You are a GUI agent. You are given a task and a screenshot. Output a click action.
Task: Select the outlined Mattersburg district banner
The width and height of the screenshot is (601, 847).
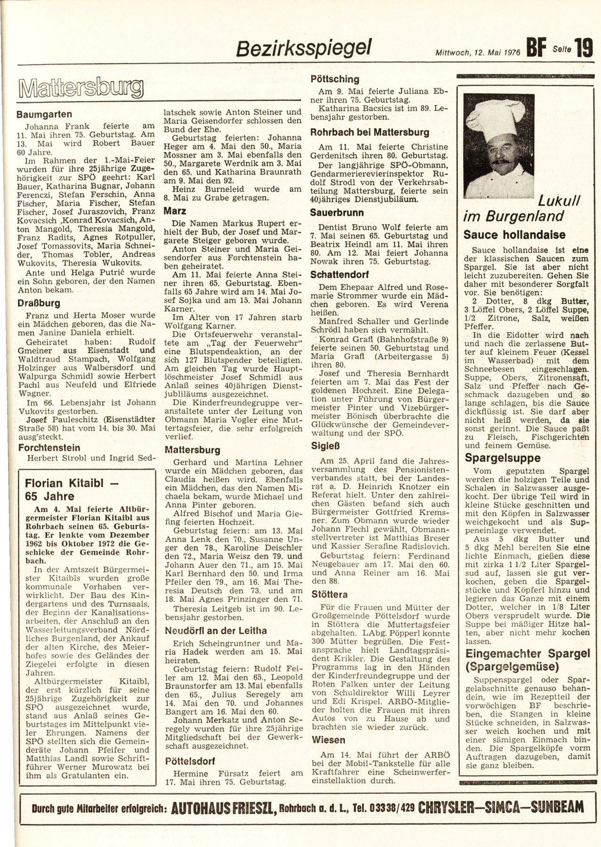(80, 88)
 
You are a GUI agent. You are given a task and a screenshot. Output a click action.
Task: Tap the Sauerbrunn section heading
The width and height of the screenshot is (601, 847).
(337, 212)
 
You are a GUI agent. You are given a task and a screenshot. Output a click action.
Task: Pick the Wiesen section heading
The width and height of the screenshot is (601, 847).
(328, 740)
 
